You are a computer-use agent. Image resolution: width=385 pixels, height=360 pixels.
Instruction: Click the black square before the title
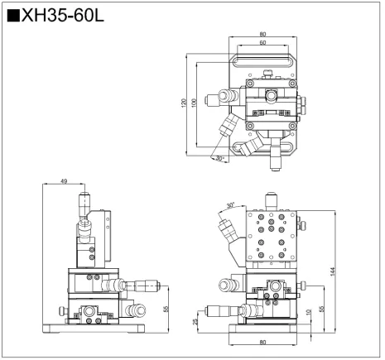(x=12, y=16)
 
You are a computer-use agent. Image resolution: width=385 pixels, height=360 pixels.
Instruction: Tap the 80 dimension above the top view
(x=262, y=34)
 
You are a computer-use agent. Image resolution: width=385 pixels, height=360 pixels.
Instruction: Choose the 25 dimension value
(x=195, y=321)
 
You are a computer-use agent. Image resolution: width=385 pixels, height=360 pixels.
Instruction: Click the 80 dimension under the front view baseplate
(x=262, y=342)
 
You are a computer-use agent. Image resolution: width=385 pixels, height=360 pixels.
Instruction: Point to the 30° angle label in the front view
(x=229, y=201)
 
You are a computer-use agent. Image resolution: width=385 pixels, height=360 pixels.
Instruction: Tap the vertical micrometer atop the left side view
(x=82, y=203)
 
